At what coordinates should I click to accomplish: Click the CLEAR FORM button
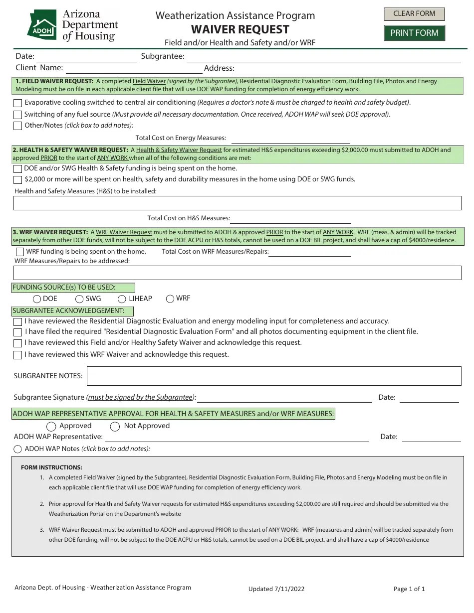(414, 14)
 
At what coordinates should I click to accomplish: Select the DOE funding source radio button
(37, 299)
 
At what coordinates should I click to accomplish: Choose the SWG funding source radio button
(79, 299)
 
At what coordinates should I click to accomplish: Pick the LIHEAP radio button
(122, 299)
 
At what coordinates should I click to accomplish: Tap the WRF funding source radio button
(170, 299)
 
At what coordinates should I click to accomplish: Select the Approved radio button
(51, 427)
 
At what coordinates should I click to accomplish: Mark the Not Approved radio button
(115, 427)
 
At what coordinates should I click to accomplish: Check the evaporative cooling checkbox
(18, 103)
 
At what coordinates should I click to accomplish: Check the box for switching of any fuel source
(18, 115)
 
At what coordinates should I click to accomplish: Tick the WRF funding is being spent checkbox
(20, 252)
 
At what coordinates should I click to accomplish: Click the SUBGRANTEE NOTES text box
(273, 376)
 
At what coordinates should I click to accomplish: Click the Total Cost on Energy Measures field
(290, 138)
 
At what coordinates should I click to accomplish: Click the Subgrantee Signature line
(285, 398)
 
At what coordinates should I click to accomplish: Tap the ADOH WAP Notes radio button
(18, 449)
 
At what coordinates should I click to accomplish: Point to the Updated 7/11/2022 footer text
(276, 589)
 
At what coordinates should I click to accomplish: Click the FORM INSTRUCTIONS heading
(51, 467)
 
